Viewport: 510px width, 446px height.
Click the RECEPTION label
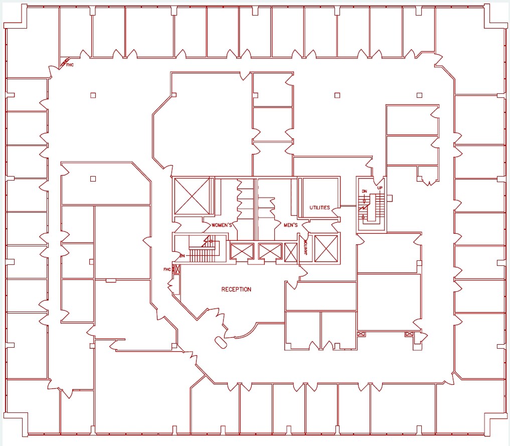(236, 289)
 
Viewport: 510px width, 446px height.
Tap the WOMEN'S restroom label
(222, 225)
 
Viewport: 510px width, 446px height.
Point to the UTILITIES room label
(319, 208)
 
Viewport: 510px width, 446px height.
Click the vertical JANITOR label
(306, 248)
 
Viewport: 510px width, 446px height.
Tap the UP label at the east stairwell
(380, 188)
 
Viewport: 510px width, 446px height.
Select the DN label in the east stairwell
(365, 191)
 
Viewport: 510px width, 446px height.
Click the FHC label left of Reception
(167, 269)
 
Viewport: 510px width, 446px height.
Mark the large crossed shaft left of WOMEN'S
(191, 196)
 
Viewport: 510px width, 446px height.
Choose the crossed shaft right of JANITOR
(325, 248)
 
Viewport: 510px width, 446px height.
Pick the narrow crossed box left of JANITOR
(290, 251)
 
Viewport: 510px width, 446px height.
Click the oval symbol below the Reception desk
(220, 342)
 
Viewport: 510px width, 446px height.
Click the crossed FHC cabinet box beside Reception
(176, 269)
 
